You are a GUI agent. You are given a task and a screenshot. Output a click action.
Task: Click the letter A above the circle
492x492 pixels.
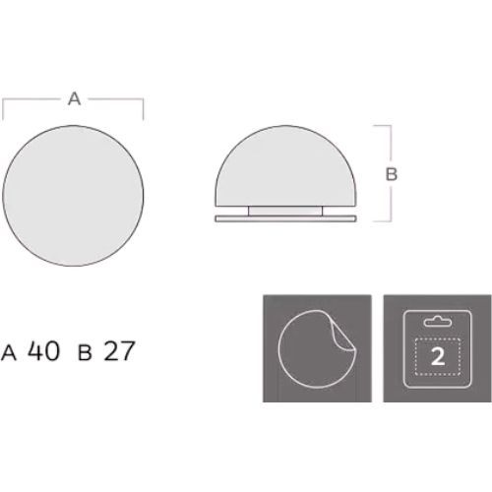(74, 98)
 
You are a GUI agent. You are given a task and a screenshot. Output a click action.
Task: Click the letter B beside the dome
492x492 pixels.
(392, 174)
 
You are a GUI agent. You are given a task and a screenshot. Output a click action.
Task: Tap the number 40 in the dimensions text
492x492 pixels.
(44, 350)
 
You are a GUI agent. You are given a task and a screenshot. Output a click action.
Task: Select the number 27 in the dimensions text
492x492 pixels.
(119, 351)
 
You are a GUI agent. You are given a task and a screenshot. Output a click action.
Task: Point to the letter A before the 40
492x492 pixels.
(9, 353)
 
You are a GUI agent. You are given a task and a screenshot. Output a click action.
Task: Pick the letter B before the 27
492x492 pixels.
(85, 353)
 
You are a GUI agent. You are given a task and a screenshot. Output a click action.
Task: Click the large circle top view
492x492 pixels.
(73, 196)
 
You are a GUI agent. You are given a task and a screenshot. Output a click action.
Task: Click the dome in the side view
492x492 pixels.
(285, 166)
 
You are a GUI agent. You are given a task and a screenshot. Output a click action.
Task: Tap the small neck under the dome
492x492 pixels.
(285, 211)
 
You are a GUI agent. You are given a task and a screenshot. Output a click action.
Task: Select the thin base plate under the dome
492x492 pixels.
(285, 218)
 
